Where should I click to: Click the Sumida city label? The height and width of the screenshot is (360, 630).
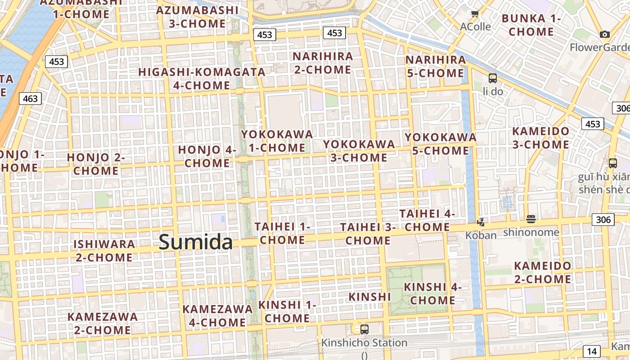click(x=196, y=242)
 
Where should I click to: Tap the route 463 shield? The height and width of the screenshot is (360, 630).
click(x=30, y=99)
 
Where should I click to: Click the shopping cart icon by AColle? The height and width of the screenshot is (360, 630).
click(x=475, y=14)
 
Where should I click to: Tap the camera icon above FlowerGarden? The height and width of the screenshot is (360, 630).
click(x=605, y=35)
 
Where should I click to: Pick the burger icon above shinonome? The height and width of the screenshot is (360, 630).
click(x=531, y=219)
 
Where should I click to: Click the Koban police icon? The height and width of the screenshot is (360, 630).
click(x=481, y=222)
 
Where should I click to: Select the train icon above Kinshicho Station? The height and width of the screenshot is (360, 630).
click(x=364, y=329)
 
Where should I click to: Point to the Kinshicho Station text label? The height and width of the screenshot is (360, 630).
click(x=364, y=343)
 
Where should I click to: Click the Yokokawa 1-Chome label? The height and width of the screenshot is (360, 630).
click(x=277, y=141)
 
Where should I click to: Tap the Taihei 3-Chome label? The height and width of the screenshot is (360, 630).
click(x=368, y=234)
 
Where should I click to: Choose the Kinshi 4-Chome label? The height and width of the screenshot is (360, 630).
click(x=432, y=293)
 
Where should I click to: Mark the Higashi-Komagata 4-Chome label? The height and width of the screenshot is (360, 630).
click(x=202, y=78)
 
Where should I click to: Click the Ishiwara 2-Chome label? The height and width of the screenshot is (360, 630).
click(x=104, y=251)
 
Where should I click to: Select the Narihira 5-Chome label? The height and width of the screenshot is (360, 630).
click(x=436, y=66)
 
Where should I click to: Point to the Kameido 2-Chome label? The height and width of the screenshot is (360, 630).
click(x=542, y=272)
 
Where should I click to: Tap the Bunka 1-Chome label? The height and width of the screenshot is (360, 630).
click(x=531, y=25)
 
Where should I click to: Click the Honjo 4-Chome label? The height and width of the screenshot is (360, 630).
click(x=207, y=156)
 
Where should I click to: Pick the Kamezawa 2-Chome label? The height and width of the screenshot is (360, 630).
click(x=103, y=323)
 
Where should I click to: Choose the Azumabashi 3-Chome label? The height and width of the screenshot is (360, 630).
click(x=197, y=17)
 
